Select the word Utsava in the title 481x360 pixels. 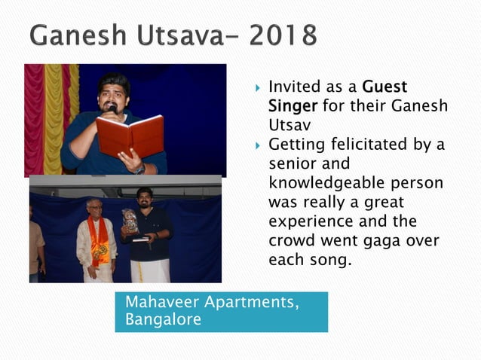182,35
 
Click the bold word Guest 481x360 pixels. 385,87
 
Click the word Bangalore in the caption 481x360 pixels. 163,319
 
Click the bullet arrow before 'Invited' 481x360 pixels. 256,88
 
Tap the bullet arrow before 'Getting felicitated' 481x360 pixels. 256,144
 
